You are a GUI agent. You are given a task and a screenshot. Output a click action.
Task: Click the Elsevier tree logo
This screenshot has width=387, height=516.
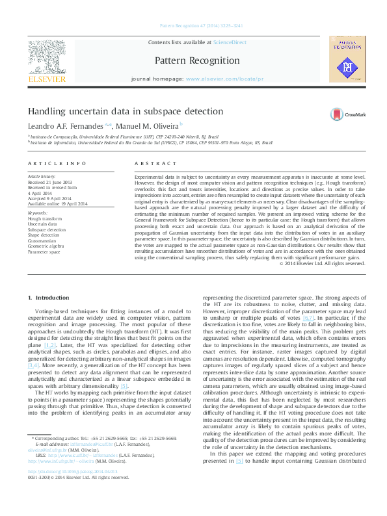[x=46, y=58]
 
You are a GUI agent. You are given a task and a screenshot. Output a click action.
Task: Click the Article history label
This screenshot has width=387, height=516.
[x=42, y=176]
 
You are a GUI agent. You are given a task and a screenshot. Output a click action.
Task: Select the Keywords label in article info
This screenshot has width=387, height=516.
[x=38, y=213]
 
